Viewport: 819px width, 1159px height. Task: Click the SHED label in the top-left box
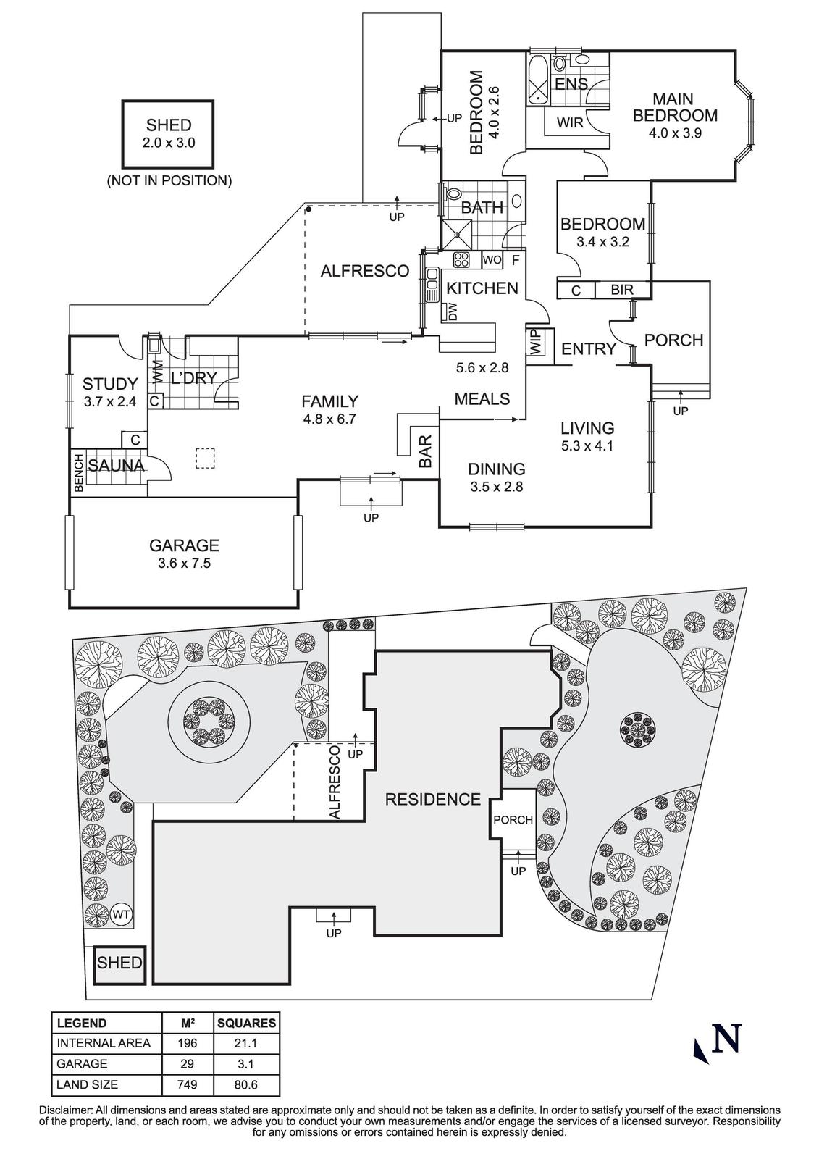(169, 125)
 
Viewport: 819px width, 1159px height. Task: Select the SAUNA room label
(116, 466)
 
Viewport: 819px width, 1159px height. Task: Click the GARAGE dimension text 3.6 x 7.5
(183, 564)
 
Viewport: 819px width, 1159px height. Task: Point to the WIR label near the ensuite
(570, 122)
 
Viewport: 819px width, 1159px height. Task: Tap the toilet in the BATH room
(453, 196)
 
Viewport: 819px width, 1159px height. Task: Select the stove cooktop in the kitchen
(461, 259)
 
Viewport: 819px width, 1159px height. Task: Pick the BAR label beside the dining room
(426, 450)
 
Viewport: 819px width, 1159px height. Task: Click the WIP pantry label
(535, 343)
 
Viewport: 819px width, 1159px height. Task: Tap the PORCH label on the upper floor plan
(673, 340)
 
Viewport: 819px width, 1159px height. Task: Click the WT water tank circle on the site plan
(122, 915)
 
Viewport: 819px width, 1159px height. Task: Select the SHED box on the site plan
(119, 963)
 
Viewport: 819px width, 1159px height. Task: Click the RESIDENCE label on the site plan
(432, 799)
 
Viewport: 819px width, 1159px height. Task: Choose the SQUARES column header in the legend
(246, 1024)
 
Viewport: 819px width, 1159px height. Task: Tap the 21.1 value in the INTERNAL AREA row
(246, 1043)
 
